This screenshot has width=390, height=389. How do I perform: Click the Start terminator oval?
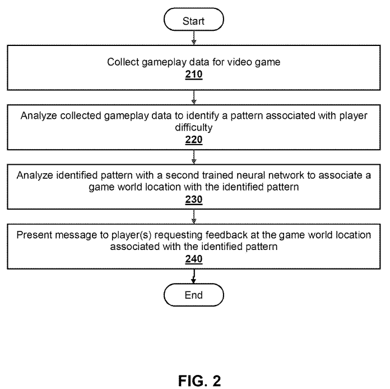193,21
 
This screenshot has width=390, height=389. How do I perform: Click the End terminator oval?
193,294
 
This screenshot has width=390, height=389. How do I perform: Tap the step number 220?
193,140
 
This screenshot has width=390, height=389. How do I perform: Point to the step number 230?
193,199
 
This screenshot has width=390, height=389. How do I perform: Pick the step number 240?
193,259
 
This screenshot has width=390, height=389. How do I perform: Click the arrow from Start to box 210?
193,38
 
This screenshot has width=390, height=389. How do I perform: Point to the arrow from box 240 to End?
193,276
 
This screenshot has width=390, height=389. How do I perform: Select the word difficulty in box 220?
193,127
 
